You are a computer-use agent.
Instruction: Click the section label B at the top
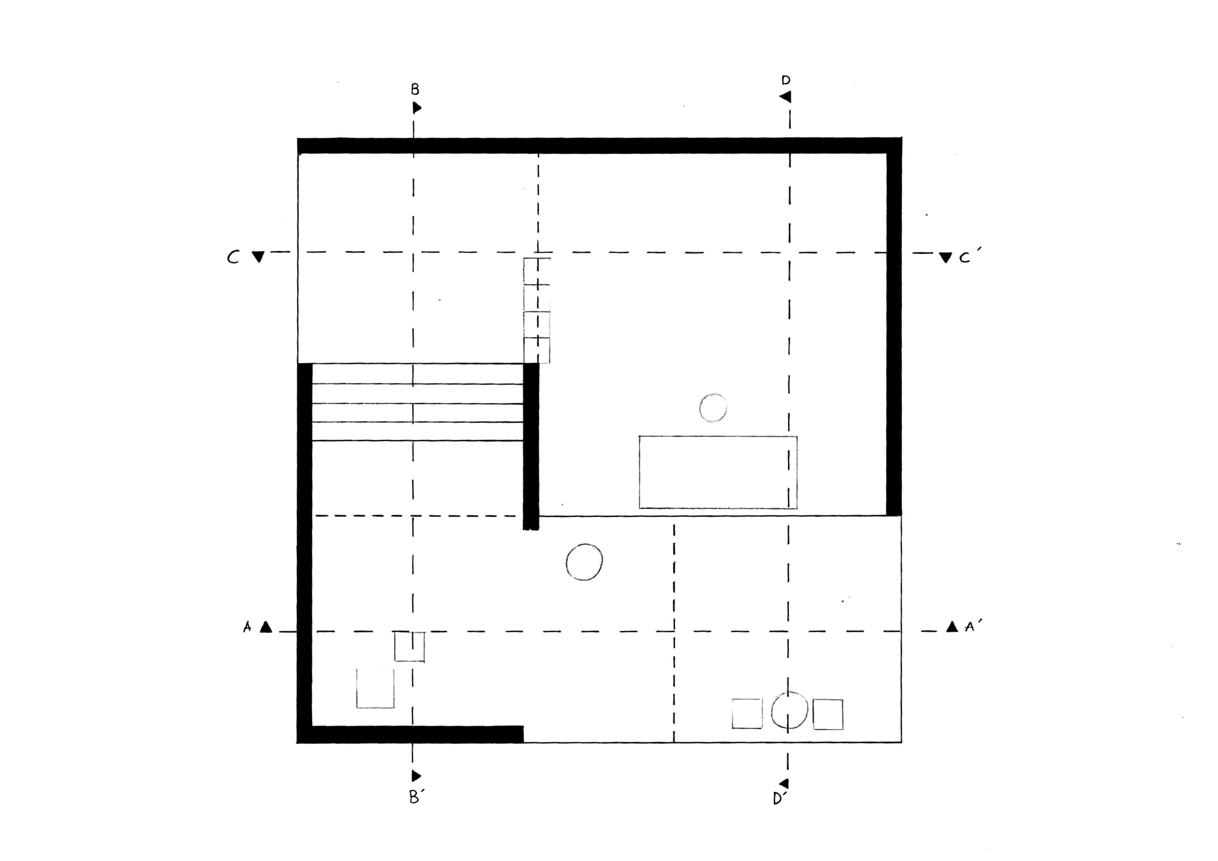(415, 89)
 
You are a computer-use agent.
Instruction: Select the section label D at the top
(786, 80)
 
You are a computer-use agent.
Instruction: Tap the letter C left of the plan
(233, 257)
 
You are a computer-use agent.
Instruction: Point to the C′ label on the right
(967, 257)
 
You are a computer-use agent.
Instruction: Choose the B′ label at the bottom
(416, 797)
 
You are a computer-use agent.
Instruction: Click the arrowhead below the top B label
(417, 108)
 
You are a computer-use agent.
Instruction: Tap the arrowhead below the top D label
(785, 97)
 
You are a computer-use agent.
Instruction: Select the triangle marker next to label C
(258, 257)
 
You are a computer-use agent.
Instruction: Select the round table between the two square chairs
(789, 710)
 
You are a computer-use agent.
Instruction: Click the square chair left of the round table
(747, 714)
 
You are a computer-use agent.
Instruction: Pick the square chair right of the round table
(828, 714)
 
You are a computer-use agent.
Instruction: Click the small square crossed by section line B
(410, 646)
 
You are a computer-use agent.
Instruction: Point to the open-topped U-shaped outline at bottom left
(375, 707)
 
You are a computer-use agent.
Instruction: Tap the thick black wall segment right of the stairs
(531, 446)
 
